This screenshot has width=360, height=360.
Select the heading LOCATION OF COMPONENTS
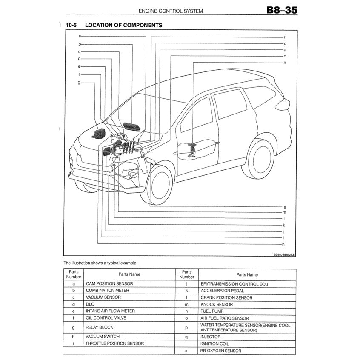point(123,26)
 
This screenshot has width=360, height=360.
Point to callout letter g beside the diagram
point(79,82)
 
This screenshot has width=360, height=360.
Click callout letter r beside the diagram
point(284,37)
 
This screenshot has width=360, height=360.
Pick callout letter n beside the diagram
point(285,63)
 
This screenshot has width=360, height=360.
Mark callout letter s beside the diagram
point(284,207)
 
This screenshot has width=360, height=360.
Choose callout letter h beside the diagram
point(283,244)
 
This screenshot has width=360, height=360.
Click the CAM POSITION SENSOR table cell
point(109,283)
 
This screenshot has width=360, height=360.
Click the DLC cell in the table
point(90,304)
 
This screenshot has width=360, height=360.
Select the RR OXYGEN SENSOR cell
point(220,351)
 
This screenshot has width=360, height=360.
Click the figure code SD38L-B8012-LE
point(284,254)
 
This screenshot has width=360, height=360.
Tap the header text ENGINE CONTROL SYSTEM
point(171,11)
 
